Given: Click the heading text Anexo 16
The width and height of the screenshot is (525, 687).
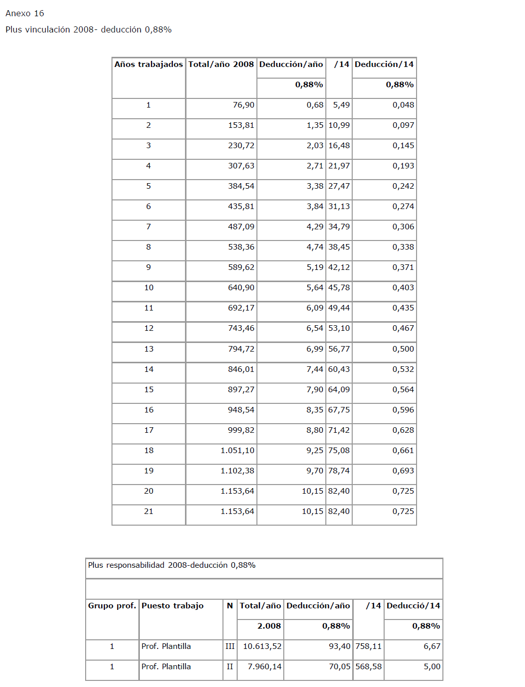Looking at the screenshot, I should pos(25,14).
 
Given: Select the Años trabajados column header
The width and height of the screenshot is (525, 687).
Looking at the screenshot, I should pos(148,64).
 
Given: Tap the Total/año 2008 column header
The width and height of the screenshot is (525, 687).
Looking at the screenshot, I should pos(221,64).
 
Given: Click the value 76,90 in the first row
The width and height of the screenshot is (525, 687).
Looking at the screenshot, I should pos(243,105).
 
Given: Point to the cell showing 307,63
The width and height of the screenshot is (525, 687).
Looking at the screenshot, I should pos(241,166).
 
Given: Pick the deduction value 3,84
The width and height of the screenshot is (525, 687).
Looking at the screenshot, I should pos(315,207).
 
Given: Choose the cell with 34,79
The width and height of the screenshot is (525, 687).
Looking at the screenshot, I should pos(339,227).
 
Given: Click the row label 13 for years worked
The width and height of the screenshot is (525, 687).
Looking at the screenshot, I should pos(148,349).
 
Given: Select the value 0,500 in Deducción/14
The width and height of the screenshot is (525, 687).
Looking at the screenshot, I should pos(403,349).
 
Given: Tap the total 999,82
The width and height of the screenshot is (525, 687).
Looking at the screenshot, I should pos(241,430).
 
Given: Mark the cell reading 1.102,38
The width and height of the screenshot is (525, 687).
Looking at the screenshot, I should pos(237,471).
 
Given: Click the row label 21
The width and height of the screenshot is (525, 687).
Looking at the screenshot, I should pos(148,511).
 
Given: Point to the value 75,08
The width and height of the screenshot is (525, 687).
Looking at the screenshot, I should pos(339,451).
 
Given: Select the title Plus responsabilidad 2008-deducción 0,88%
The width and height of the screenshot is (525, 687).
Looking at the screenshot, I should pos(172,565).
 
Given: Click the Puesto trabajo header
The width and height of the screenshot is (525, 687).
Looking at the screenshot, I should pos(172,606).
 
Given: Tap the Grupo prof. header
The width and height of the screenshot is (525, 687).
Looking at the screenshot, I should pos(112,606).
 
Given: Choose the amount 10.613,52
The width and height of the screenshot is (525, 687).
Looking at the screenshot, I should pos(262,646).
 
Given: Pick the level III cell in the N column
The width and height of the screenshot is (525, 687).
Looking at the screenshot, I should pos(230,646).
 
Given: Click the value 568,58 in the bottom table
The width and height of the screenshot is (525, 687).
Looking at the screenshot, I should pos(368,667).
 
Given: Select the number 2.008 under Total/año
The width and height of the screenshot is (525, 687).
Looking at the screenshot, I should pos(269,626).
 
